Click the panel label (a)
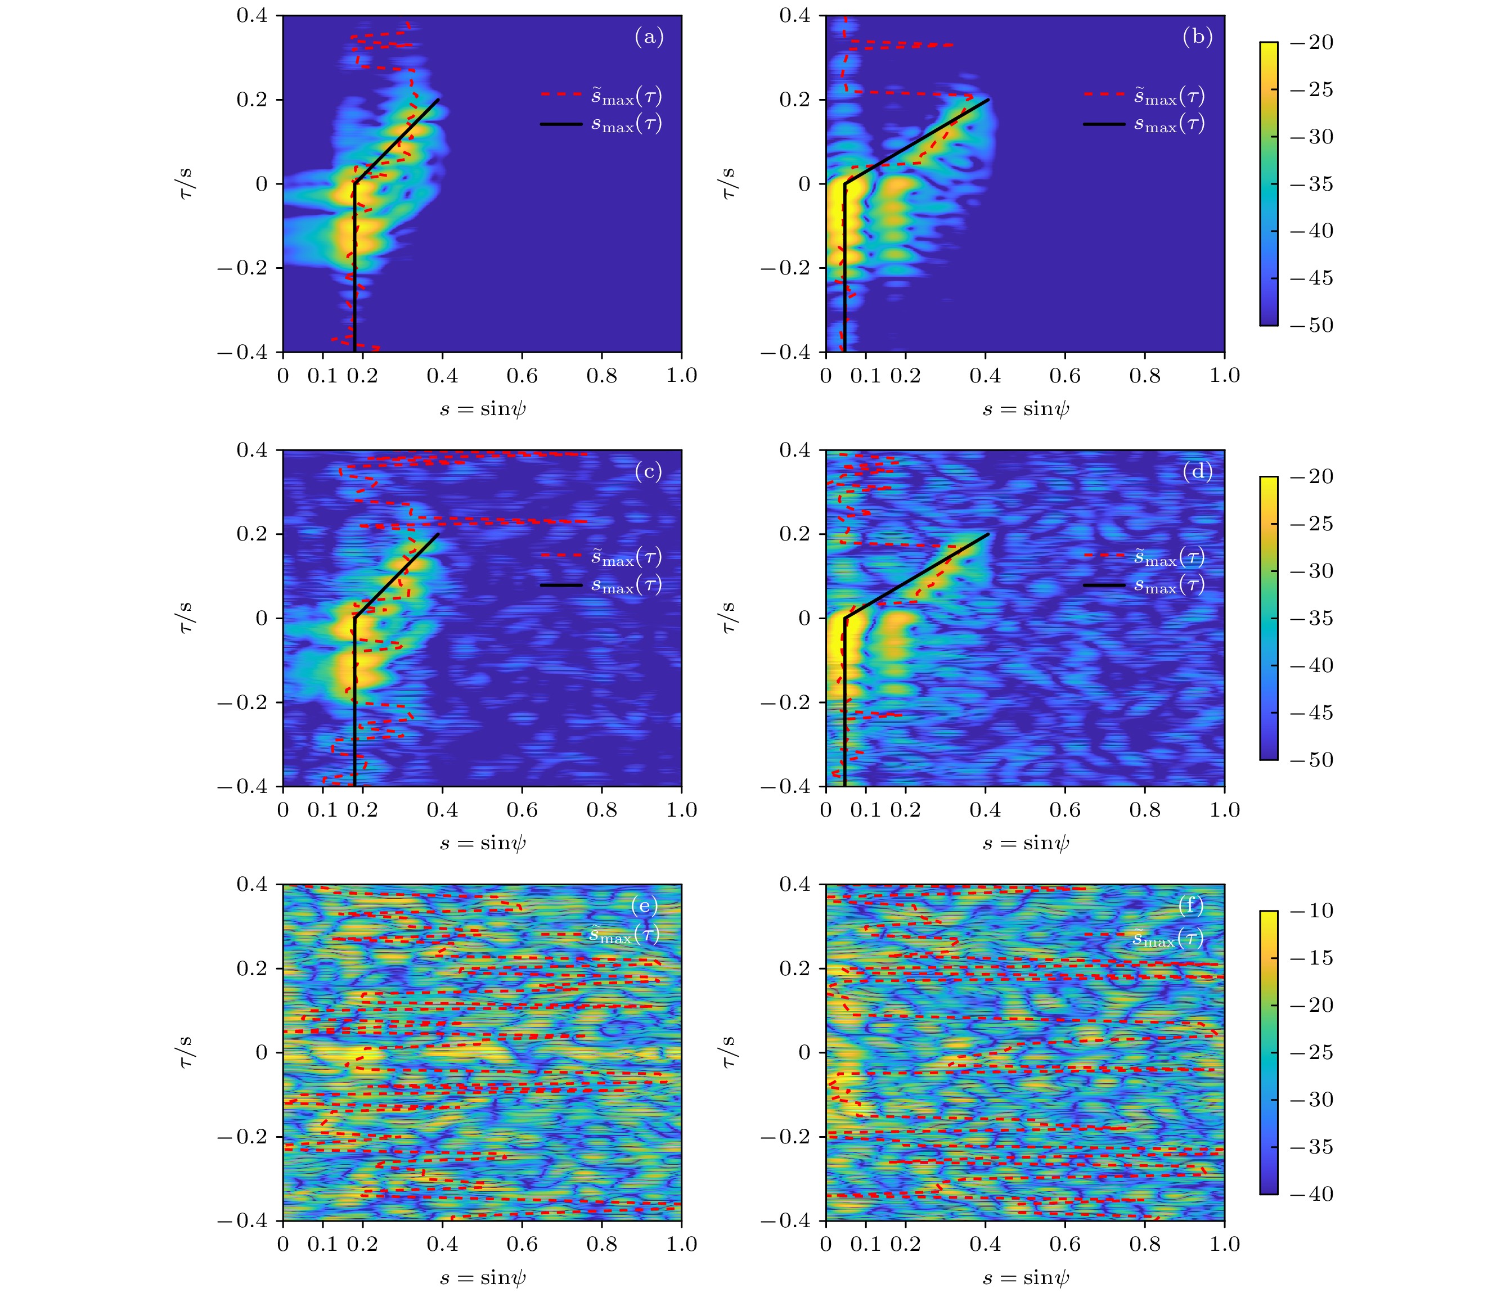649,37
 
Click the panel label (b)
1198,37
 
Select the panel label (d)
1197,472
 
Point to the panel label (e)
645,905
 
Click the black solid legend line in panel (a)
561,124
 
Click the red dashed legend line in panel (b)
1104,94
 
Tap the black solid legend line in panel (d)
1104,584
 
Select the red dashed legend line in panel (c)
561,556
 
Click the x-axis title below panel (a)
483,409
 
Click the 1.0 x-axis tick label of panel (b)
1224,376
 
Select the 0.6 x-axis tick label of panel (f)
1065,1244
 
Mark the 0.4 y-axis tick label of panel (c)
251,450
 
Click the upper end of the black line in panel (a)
439,100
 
